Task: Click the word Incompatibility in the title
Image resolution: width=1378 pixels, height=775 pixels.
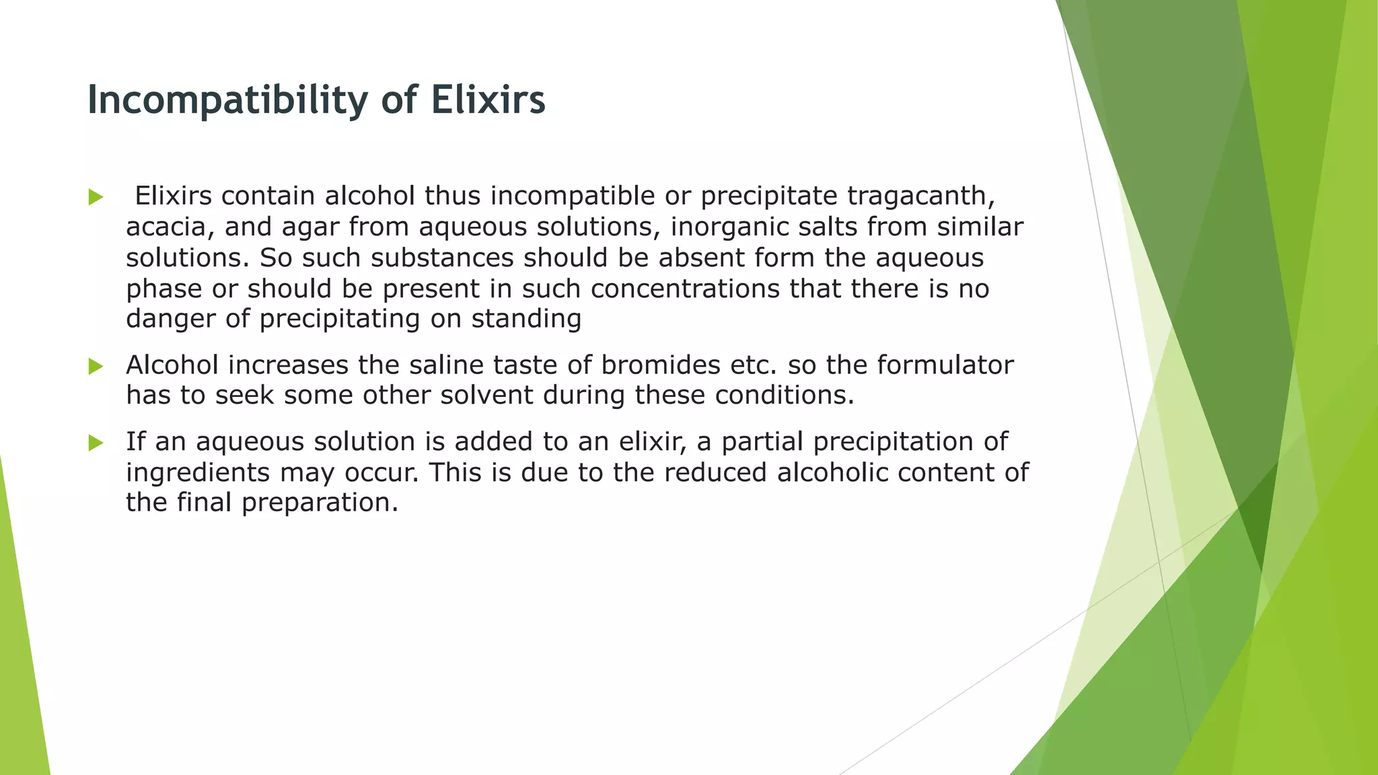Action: (x=227, y=100)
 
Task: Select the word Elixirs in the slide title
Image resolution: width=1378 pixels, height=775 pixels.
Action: (x=488, y=100)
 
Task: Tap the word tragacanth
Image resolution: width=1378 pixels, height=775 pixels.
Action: (x=920, y=196)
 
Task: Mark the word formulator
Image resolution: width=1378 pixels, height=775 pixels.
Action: (x=945, y=365)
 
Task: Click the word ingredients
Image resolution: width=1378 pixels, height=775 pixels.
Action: (x=198, y=473)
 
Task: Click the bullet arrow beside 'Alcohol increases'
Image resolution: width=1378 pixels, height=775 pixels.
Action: (x=96, y=367)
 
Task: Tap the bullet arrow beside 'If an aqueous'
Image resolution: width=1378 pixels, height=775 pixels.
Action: (x=96, y=443)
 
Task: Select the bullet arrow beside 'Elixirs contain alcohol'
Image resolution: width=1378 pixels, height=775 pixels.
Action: (x=96, y=198)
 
